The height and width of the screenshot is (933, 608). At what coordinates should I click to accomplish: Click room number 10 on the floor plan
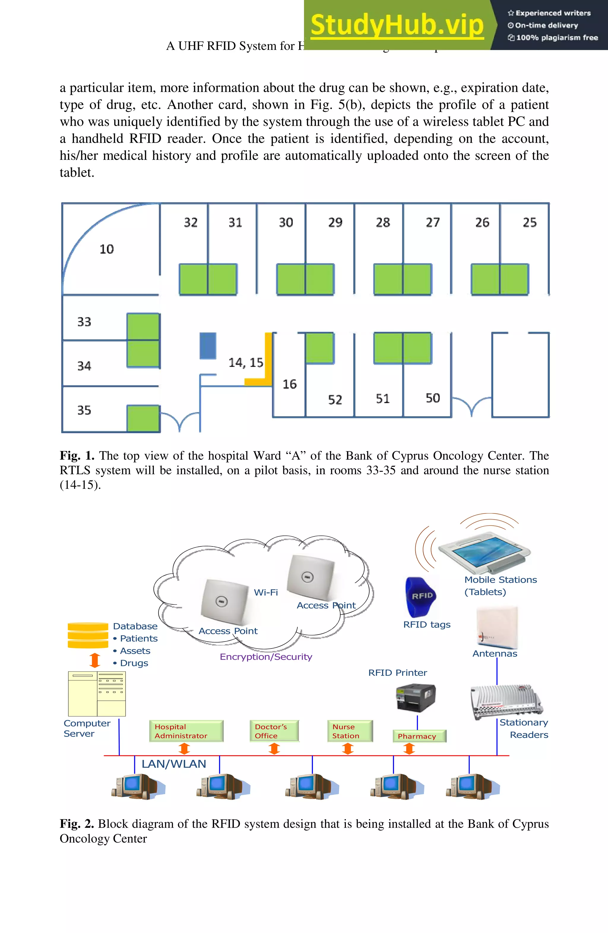click(106, 249)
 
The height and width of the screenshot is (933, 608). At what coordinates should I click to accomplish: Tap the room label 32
click(191, 223)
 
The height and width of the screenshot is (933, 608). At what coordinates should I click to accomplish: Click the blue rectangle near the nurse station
click(208, 346)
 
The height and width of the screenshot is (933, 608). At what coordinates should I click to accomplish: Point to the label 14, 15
click(246, 363)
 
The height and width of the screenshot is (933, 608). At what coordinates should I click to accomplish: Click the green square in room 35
click(143, 419)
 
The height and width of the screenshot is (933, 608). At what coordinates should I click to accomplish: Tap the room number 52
click(335, 400)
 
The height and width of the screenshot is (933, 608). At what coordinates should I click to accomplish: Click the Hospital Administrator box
click(186, 731)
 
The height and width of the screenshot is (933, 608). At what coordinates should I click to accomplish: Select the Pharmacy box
click(419, 736)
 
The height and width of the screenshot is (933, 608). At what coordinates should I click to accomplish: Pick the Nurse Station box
click(349, 731)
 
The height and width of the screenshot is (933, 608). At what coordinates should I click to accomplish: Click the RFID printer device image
click(416, 698)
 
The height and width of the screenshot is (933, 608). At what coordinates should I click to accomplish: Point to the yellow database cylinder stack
click(88, 635)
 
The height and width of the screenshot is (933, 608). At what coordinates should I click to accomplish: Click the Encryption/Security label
click(266, 657)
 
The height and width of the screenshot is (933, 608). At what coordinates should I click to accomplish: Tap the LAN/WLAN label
click(173, 764)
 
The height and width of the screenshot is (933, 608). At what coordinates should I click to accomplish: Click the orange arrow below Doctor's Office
click(274, 749)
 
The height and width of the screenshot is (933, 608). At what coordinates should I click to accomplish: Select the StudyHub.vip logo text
click(397, 26)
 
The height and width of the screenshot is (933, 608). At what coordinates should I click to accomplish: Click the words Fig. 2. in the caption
click(77, 824)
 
